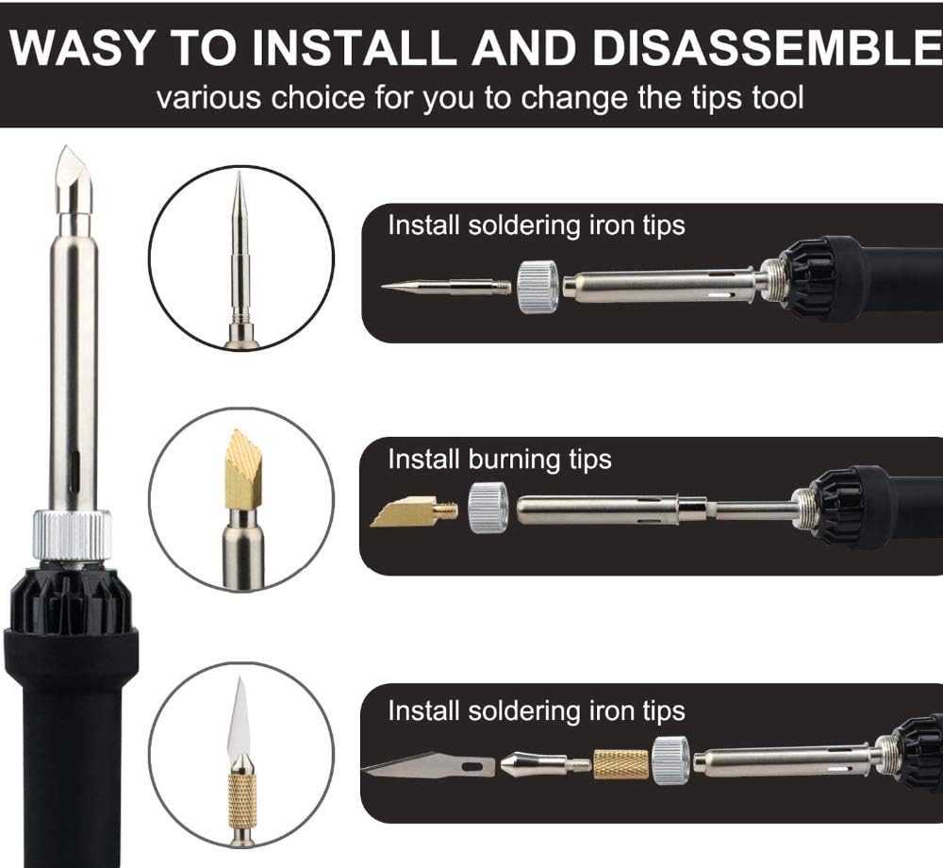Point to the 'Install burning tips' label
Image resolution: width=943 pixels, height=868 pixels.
pos(500,459)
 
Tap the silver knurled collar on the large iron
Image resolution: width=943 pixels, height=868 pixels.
pos(73,534)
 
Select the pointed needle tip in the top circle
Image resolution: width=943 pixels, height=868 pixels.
pos(240,236)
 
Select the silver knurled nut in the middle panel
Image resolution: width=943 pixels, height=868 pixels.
pos(488,509)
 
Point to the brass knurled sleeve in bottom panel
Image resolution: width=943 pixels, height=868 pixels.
pos(620,763)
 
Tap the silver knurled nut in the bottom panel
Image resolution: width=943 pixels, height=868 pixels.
pos(670,759)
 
